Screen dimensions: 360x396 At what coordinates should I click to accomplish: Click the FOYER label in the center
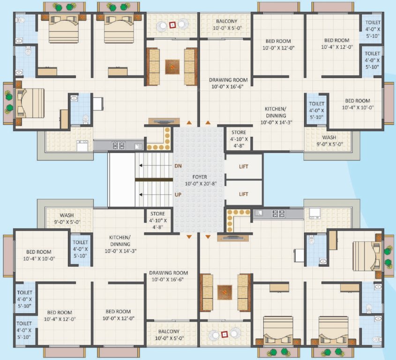point(196,177)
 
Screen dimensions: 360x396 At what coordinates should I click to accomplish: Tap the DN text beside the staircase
point(178,166)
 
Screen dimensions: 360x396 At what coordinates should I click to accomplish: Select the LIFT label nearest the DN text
point(243,166)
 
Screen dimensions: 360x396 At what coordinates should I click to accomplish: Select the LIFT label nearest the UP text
point(243,193)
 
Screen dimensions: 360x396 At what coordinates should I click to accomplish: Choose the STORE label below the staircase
point(157,214)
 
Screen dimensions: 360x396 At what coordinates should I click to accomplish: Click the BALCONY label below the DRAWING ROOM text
point(168,331)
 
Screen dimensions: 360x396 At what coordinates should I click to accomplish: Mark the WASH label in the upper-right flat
point(329,137)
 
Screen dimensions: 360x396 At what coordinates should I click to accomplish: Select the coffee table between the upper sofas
point(172,67)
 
